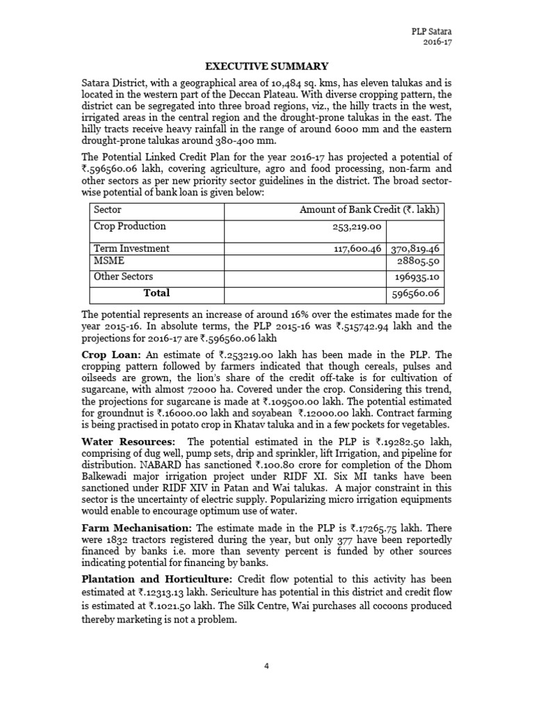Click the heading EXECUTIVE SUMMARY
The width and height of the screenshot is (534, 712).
click(x=265, y=66)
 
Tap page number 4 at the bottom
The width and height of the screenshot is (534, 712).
click(x=266, y=666)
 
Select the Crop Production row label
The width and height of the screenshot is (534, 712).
click(x=130, y=226)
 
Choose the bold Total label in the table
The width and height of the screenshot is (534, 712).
click(x=156, y=293)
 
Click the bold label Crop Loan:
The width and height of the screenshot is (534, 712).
click(x=108, y=355)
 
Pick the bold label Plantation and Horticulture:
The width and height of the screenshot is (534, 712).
click(x=158, y=578)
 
